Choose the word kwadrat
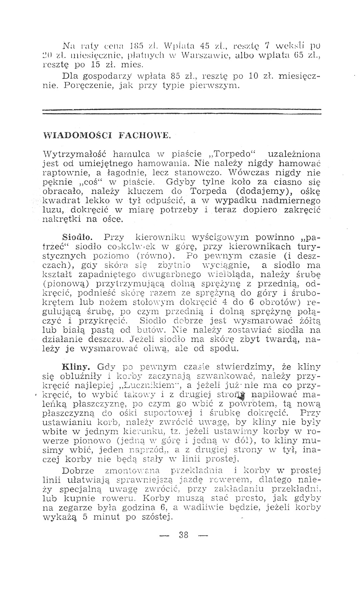pos(60,201)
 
